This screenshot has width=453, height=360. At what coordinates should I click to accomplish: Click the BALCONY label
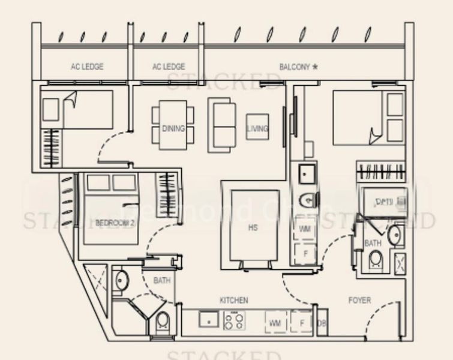294,67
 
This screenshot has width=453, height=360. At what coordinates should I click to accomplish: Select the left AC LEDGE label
87,67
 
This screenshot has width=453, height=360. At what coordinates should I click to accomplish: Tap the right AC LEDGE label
169,67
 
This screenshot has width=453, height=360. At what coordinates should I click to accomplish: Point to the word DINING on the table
173,128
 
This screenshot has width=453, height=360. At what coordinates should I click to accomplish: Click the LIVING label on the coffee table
257,128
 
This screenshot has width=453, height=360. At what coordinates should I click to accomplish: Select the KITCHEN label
234,300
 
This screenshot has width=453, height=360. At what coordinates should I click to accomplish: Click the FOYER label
359,300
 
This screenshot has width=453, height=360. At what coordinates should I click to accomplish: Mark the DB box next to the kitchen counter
321,323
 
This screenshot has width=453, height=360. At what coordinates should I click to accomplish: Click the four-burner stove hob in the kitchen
234,322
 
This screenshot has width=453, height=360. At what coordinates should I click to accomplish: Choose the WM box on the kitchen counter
275,323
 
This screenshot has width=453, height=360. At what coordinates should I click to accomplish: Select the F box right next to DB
302,323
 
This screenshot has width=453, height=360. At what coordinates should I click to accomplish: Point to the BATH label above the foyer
372,243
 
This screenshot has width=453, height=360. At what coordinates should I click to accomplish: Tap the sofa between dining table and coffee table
223,125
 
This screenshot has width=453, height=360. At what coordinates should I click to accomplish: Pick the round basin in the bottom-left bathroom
121,280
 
